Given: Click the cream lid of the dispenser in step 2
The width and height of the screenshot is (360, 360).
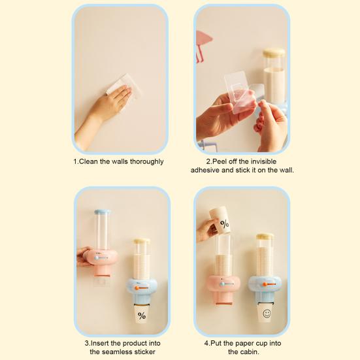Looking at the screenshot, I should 274,52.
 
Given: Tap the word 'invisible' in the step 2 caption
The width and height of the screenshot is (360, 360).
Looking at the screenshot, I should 272,161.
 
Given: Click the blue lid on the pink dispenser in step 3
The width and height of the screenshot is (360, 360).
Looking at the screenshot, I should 101,212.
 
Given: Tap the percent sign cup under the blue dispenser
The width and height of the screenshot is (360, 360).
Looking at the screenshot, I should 142,314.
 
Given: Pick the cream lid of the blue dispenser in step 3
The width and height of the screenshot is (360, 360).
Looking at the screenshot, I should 142,241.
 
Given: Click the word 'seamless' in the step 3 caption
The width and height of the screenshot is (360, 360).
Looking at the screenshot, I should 118,352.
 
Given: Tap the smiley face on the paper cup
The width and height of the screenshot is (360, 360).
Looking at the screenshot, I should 266,314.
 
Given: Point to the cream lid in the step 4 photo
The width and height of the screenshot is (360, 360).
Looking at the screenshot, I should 265,236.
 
